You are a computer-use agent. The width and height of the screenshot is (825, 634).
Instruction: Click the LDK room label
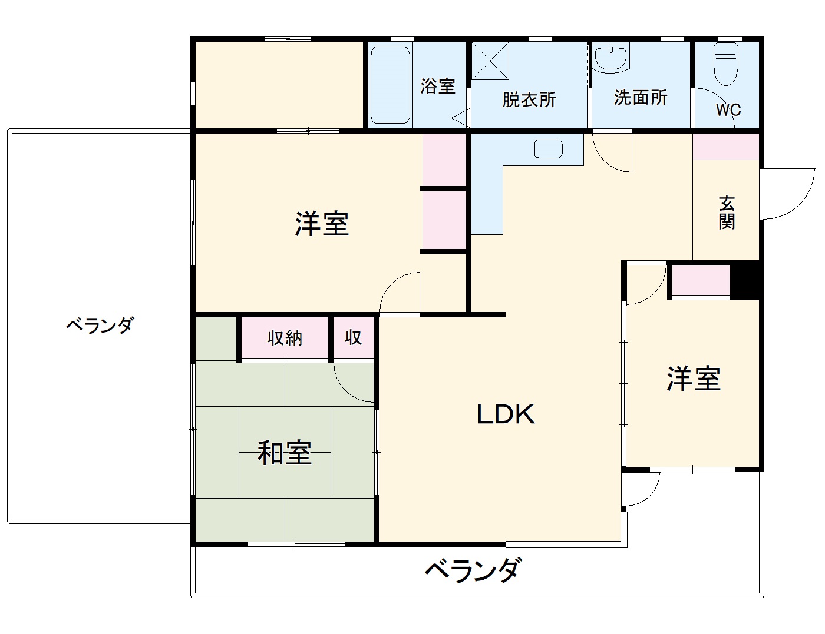(506, 414)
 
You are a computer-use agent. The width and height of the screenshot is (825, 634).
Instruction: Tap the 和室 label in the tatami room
(285, 453)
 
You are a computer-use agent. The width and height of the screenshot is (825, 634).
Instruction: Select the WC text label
(728, 110)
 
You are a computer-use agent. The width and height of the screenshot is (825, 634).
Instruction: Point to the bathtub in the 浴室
(390, 85)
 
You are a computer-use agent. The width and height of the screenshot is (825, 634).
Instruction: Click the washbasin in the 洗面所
(610, 58)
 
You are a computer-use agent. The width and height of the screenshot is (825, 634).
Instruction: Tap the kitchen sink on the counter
(549, 148)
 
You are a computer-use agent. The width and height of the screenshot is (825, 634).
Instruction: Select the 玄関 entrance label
(727, 213)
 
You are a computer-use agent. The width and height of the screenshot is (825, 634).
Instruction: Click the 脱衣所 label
(529, 99)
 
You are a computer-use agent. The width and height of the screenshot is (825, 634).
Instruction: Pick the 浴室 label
(438, 86)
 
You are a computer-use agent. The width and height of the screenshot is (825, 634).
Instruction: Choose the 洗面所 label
(641, 97)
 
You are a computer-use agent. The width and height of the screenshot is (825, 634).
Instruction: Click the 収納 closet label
(285, 338)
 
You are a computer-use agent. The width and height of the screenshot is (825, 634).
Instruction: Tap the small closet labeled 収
(353, 338)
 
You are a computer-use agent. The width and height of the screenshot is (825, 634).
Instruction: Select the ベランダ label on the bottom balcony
(473, 570)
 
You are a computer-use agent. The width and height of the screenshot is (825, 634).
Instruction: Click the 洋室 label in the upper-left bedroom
(322, 224)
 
